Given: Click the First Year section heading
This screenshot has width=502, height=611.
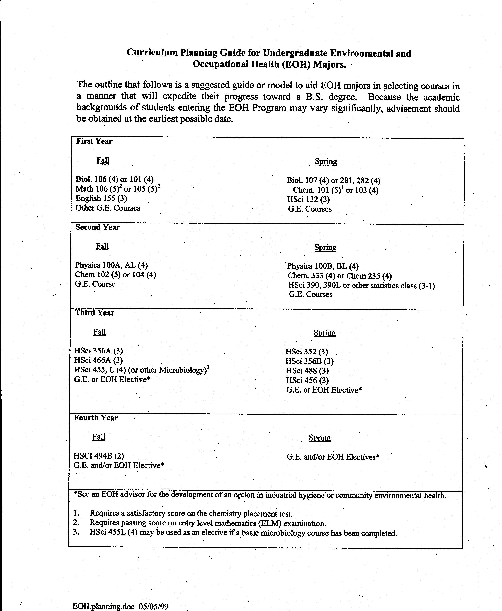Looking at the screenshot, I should (x=94, y=141).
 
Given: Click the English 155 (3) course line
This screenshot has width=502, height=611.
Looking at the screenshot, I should (x=101, y=198).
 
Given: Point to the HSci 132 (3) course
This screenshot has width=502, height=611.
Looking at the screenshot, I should (x=308, y=199).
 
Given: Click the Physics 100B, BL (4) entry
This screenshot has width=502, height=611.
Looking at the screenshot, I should (x=323, y=266).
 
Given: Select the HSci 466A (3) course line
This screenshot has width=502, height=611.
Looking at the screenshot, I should (x=98, y=360).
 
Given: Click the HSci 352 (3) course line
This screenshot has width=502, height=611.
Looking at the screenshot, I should (x=306, y=352).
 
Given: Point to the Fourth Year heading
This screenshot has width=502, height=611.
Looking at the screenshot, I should (x=96, y=418).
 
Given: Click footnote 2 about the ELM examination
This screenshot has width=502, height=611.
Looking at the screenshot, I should (x=208, y=523).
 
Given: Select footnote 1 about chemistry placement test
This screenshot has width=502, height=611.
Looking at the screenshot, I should (x=191, y=514).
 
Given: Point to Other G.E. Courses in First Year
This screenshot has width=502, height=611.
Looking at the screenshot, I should (x=108, y=208).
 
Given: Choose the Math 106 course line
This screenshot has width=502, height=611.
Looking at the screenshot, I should (x=118, y=189).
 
